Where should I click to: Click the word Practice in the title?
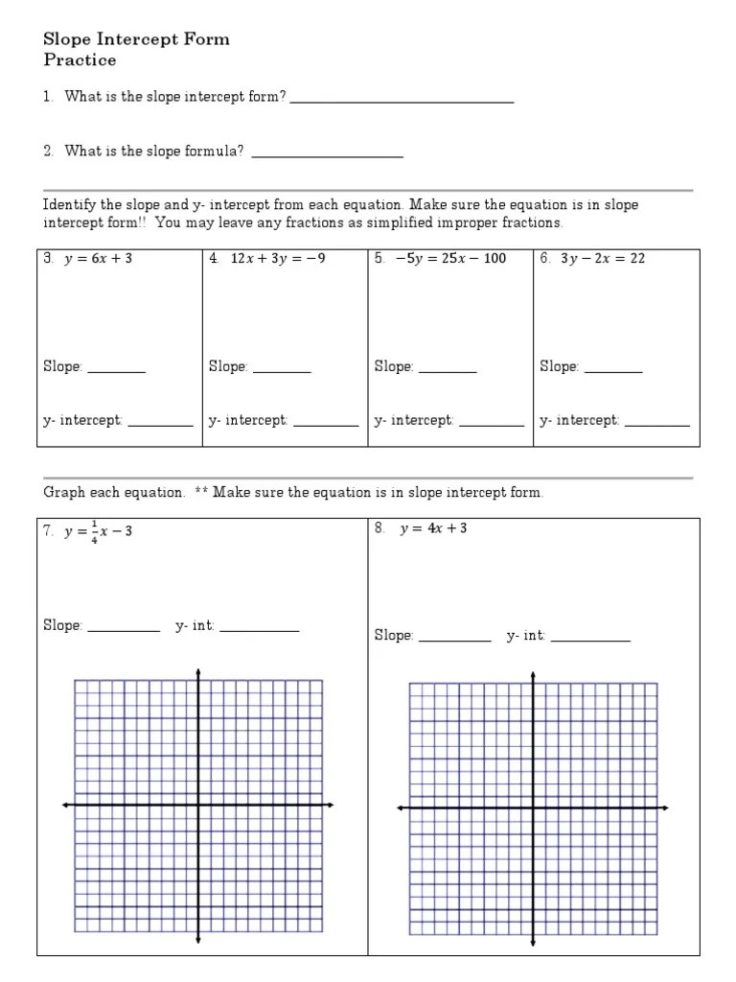tap(80, 60)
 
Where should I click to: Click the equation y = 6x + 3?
tap(98, 259)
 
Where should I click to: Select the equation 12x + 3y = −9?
tap(278, 259)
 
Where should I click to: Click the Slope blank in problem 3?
tap(116, 369)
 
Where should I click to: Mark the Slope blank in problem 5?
tap(448, 369)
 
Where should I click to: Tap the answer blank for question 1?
tap(402, 99)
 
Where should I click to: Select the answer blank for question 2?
tap(327, 153)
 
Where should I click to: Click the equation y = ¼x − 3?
tap(98, 531)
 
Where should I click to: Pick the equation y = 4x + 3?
tap(433, 528)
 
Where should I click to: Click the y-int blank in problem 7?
tap(259, 628)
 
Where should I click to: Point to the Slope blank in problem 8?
tap(454, 639)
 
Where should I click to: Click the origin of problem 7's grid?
tap(198, 805)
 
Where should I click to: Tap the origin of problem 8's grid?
tap(533, 808)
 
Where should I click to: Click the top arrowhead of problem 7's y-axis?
tap(198, 670)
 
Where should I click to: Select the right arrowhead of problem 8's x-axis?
tap(665, 808)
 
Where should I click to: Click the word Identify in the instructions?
tap(69, 205)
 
